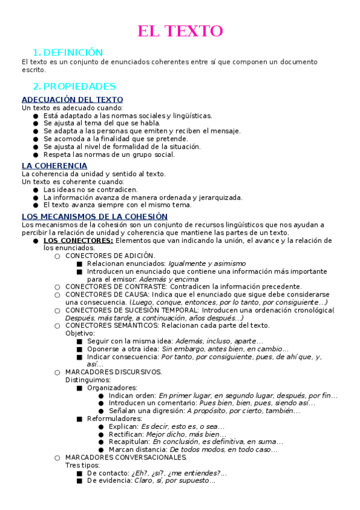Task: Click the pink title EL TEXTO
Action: pos(180,31)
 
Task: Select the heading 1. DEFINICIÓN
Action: pos(68,52)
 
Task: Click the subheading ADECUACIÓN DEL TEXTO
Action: pos(72,100)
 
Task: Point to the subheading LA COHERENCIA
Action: pos(54,166)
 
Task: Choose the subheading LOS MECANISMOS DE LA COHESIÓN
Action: pos(94,217)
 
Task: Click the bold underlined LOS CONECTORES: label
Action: pos(78,241)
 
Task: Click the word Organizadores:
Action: pos(112,388)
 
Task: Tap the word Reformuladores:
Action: pos(114,419)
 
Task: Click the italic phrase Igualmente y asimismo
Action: pos(207,263)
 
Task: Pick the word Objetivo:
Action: pos(80,333)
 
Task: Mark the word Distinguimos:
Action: pos(88,380)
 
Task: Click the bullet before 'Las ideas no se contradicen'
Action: pos(36,189)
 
